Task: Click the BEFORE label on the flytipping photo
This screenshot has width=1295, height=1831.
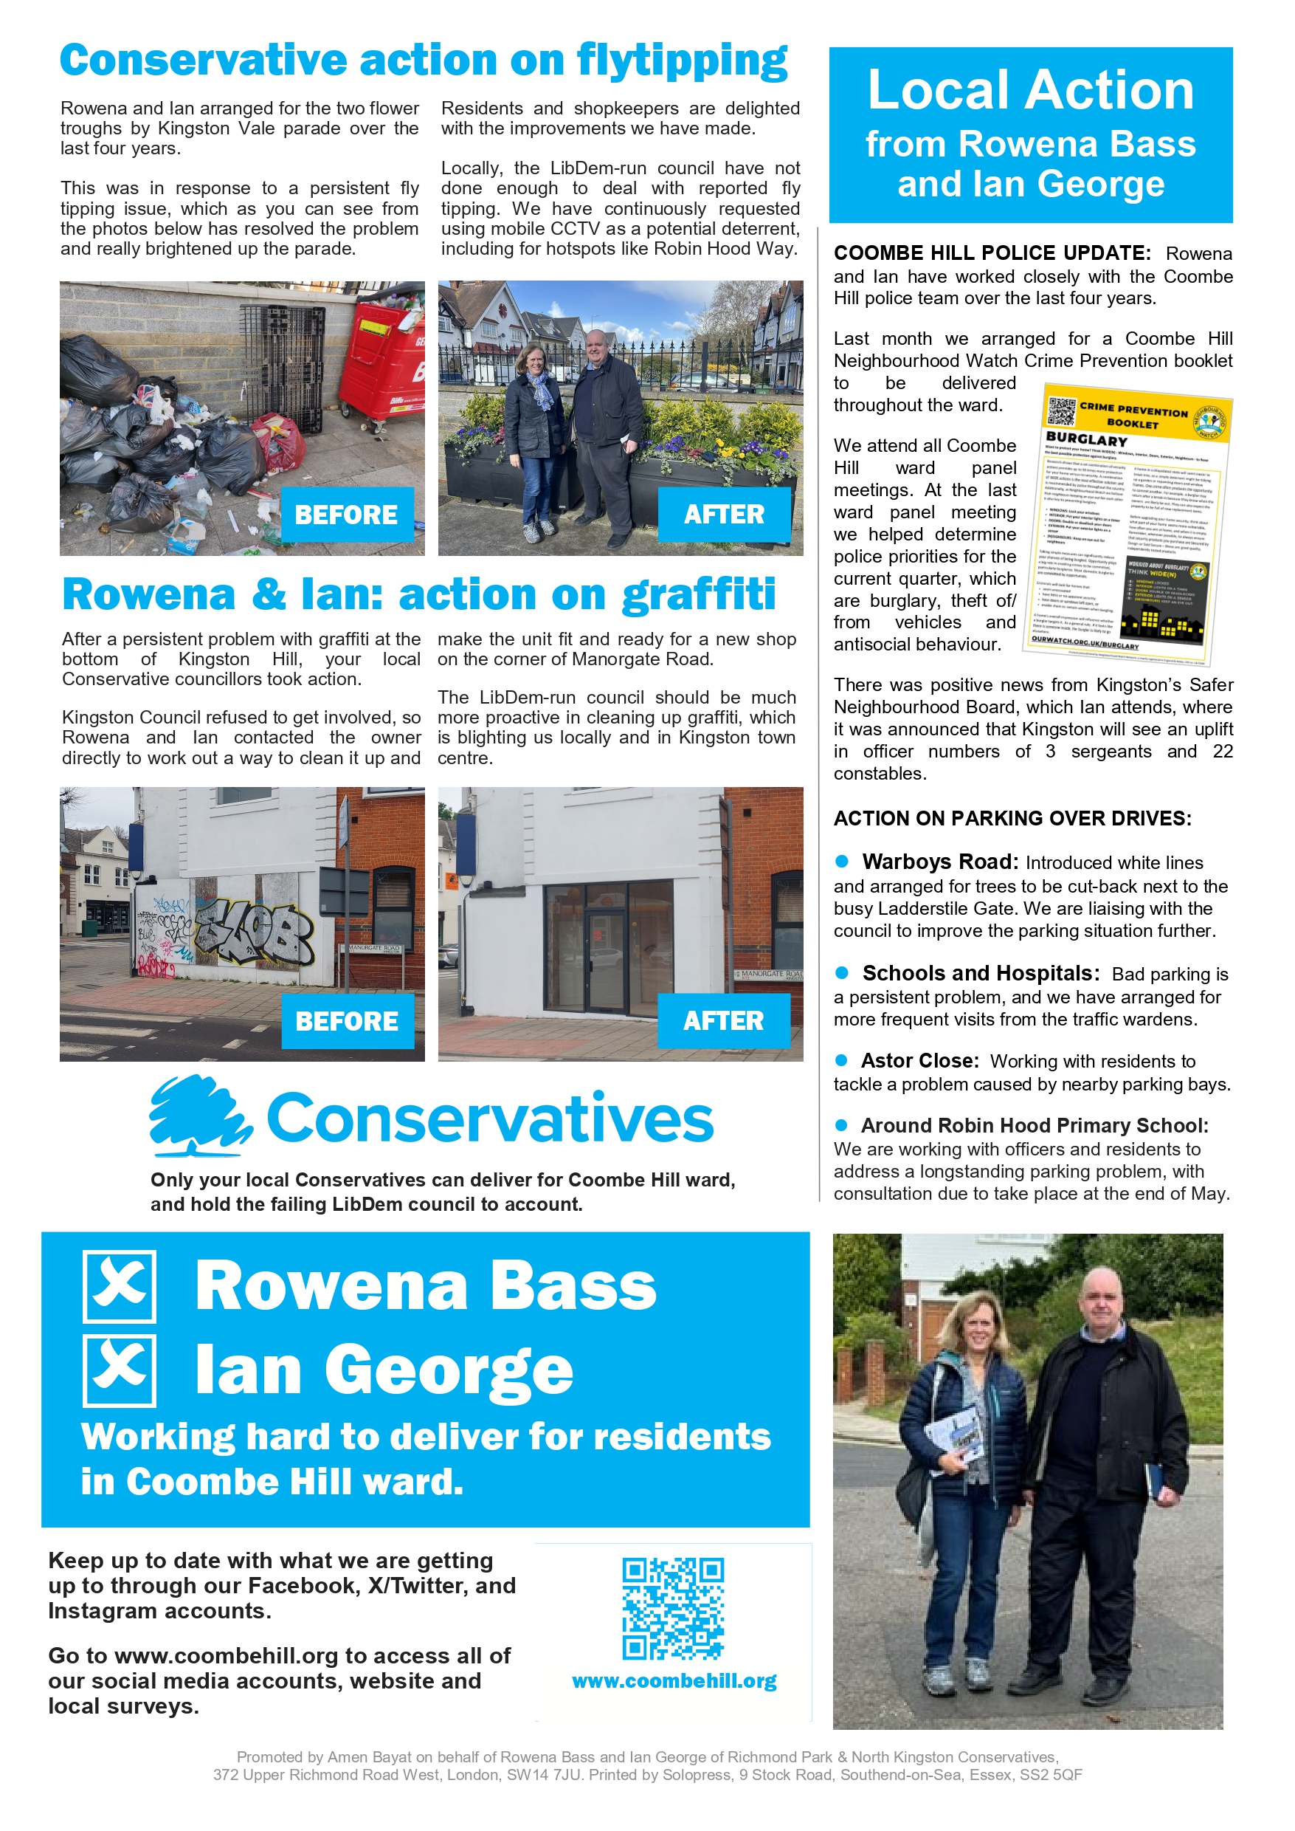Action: tap(346, 515)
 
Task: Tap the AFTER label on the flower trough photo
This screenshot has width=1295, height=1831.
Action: tap(723, 515)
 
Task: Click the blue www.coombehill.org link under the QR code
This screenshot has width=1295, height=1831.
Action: tap(674, 1681)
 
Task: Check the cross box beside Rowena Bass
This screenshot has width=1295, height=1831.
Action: tap(120, 1286)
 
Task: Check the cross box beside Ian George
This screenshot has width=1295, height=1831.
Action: tap(120, 1370)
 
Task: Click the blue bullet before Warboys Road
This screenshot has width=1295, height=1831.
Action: tap(841, 861)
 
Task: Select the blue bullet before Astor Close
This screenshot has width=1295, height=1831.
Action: tap(841, 1060)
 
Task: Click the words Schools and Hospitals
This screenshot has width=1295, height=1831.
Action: tap(980, 973)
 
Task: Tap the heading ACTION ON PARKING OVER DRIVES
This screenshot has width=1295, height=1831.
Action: tap(1012, 819)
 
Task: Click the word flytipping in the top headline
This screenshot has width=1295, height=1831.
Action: tap(682, 61)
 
